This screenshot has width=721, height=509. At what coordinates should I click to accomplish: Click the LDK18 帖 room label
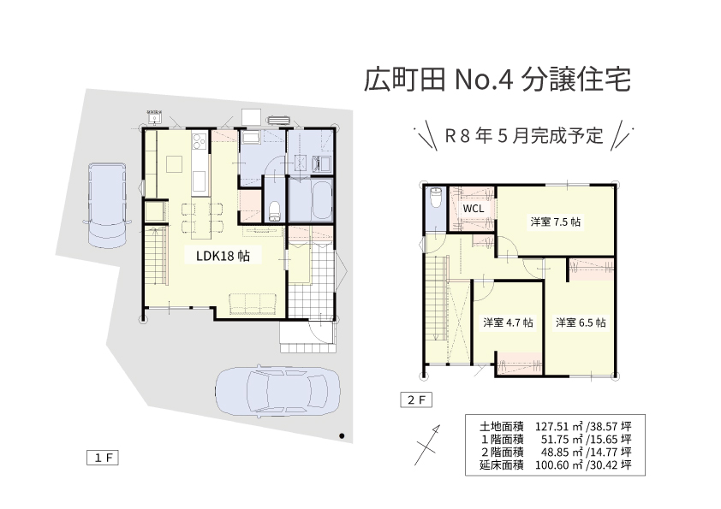pos(223,256)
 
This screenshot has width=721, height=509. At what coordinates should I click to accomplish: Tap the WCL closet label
pos(474,208)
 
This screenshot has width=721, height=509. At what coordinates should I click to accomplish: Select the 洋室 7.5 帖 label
pos(556,222)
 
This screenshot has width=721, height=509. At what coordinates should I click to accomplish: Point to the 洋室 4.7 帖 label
pos(508,323)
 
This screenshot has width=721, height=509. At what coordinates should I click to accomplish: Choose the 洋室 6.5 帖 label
pos(581,323)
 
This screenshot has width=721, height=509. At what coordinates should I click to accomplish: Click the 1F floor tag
pos(103,458)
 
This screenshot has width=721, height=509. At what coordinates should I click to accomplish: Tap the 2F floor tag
pos(416,400)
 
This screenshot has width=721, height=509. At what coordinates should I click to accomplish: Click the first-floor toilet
pos(275,211)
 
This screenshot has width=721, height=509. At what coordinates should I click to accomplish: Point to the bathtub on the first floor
pos(322,201)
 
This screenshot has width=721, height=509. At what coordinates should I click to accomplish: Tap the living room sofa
pos(253,304)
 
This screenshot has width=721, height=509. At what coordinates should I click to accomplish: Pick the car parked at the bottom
pos(278,392)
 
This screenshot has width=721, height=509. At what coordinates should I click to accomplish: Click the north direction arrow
pos(427,445)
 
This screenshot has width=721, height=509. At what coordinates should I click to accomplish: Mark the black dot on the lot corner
pos(342,435)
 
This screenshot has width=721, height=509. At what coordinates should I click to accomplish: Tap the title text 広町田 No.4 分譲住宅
pos(497,80)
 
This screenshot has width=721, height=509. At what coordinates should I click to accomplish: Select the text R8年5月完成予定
pos(524,135)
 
